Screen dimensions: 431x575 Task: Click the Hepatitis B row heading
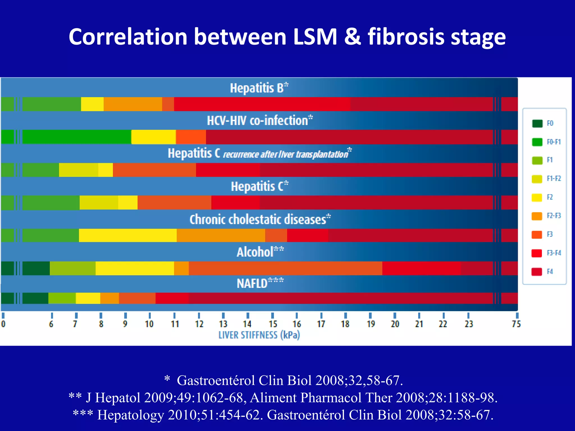pyautogui.click(x=259, y=88)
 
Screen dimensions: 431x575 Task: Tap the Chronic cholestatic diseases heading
pyautogui.click(x=260, y=219)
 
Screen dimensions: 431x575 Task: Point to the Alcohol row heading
pyautogui.click(x=260, y=252)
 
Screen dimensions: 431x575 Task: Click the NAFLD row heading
pyautogui.click(x=260, y=283)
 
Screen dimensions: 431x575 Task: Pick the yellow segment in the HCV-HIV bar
pyautogui.click(x=153, y=137)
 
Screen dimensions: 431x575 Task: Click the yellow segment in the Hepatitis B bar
pyautogui.click(x=92, y=104)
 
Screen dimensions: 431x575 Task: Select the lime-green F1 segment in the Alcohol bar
pyautogui.click(x=72, y=268)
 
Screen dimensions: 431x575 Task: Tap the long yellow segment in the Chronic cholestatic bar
pyautogui.click(x=128, y=235)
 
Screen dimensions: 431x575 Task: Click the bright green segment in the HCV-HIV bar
pyautogui.click(x=76, y=137)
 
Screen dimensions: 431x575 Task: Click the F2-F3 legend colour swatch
pyautogui.click(x=537, y=216)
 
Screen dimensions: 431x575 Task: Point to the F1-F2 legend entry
pyautogui.click(x=546, y=179)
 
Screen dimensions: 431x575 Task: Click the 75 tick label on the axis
pyautogui.click(x=516, y=324)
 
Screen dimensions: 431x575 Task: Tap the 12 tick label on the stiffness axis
pyautogui.click(x=199, y=324)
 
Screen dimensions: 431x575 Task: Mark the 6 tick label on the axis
pyautogui.click(x=51, y=324)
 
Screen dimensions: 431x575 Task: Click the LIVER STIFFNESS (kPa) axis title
pyautogui.click(x=259, y=335)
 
